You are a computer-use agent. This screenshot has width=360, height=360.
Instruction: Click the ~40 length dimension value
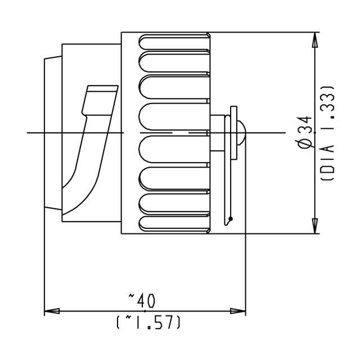point(145,298)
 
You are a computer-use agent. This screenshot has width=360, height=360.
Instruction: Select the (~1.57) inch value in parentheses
point(148,322)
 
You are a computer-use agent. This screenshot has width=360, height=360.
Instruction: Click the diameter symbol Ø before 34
point(304,143)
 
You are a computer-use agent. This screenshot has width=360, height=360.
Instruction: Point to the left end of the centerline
point(28,132)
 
